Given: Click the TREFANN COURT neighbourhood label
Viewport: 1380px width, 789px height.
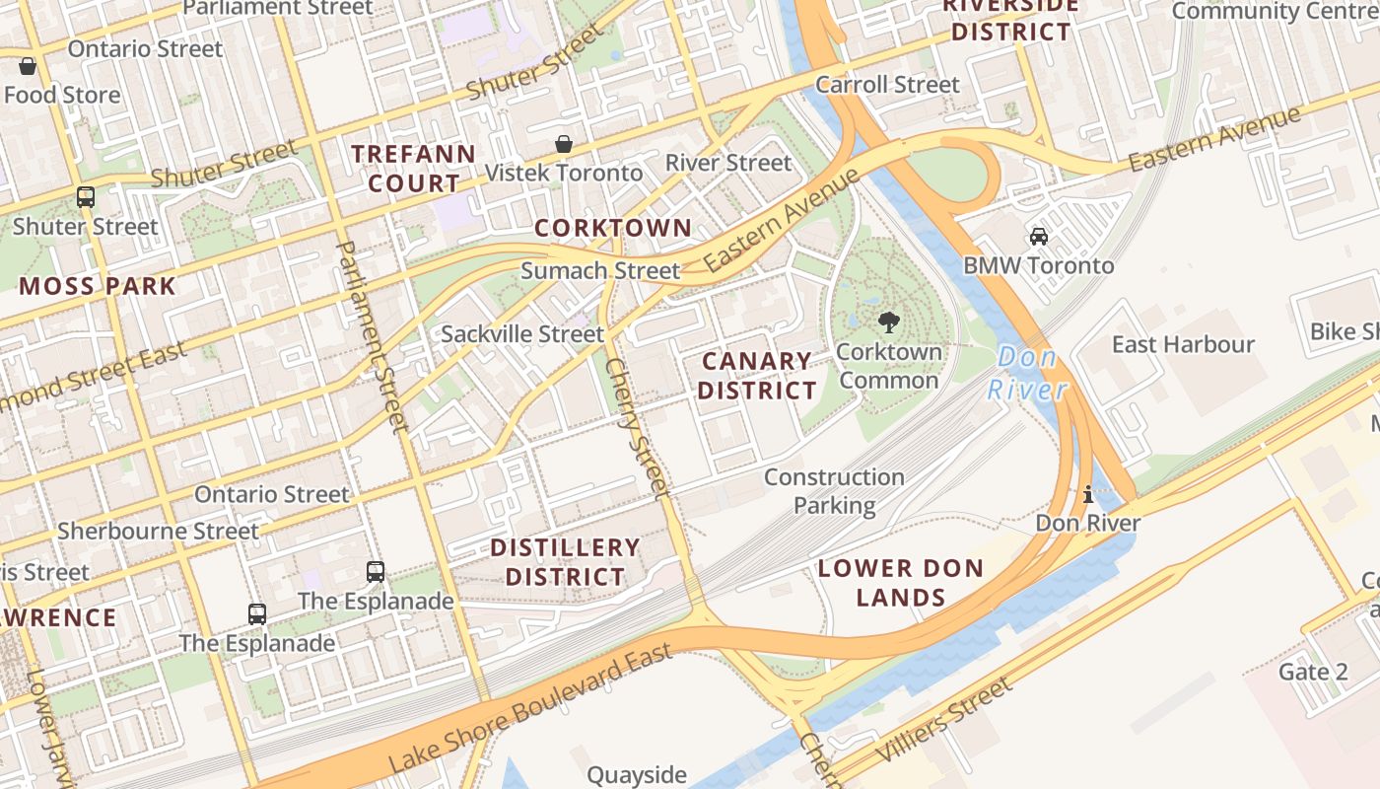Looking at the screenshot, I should click(413, 169).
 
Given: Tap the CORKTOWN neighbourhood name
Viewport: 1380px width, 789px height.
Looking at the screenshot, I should click(613, 228).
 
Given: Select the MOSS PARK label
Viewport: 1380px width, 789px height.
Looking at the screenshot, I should click(97, 287).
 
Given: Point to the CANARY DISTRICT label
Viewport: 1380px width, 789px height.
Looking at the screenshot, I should click(757, 376).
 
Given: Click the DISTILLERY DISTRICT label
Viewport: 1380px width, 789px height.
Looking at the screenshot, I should click(565, 562).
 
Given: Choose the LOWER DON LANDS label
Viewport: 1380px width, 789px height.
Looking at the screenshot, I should click(901, 582).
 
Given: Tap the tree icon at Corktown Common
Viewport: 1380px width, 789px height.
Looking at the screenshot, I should click(888, 321).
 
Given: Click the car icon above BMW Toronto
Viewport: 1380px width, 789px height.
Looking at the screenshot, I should click(1038, 237).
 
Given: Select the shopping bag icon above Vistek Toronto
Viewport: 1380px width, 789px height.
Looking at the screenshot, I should click(564, 145).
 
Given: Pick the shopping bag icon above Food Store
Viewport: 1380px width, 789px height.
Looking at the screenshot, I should click(28, 66).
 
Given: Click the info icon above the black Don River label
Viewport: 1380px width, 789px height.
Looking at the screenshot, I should click(1088, 494).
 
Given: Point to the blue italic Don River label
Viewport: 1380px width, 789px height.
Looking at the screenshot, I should click(1027, 373).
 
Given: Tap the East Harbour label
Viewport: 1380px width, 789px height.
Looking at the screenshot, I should click(1183, 344).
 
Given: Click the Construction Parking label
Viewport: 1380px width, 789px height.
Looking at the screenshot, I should click(834, 491).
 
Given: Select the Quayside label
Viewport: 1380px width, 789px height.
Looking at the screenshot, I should click(637, 775).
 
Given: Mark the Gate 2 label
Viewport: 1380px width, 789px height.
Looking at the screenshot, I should click(1313, 672).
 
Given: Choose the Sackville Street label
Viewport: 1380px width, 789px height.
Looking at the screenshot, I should click(521, 334).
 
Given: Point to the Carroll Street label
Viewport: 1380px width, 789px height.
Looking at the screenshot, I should click(887, 85).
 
